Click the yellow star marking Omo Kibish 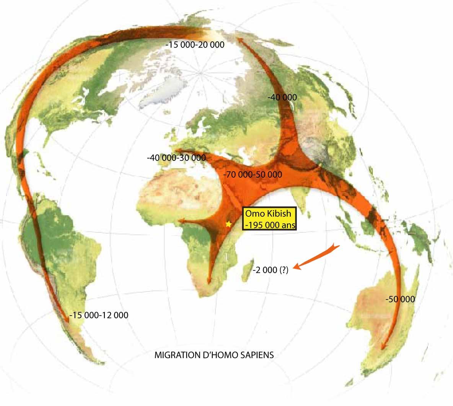pos(228,224)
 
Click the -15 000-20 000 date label pos(195,45)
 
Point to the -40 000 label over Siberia pos(282,97)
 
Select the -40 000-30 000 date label pos(176,158)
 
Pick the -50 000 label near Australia pos(400,299)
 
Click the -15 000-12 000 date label pos(99,315)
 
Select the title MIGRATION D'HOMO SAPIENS pos(214,355)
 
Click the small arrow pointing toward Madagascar pos(316,257)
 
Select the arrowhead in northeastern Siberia pos(240,39)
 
